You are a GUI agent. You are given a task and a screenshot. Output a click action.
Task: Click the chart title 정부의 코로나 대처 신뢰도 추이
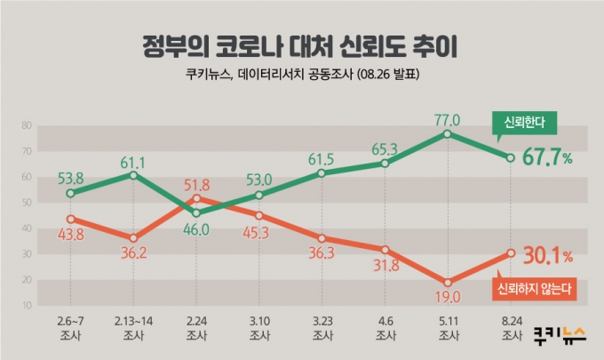(302, 44)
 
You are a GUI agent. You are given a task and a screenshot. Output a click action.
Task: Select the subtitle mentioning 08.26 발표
(302, 76)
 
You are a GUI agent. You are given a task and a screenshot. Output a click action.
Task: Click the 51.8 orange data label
(196, 185)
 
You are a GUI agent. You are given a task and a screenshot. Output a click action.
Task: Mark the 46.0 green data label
(196, 228)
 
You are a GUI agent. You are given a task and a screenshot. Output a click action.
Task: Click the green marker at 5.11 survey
(448, 133)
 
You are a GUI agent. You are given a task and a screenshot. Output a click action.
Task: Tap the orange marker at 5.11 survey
(448, 283)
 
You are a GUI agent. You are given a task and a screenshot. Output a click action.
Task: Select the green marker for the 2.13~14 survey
(132, 174)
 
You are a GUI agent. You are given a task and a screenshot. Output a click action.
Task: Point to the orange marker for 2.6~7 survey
(69, 219)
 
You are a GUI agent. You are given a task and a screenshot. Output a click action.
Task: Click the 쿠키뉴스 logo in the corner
(560, 335)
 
